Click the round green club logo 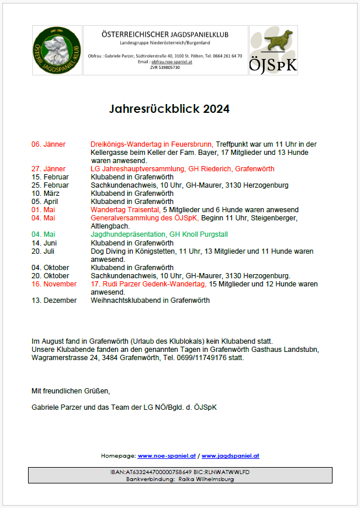click(x=57, y=50)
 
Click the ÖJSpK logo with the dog click(x=273, y=50)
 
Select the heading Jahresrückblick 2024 click(x=169, y=109)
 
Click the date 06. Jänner click(x=49, y=144)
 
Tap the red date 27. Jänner click(x=49, y=169)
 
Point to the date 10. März click(x=46, y=193)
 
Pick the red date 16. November click(x=54, y=284)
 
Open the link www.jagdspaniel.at click(x=231, y=455)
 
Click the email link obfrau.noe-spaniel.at click(x=172, y=61)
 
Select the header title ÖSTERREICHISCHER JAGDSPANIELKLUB click(x=165, y=34)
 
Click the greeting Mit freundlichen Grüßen click(x=70, y=390)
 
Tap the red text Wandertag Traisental click(x=124, y=210)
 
